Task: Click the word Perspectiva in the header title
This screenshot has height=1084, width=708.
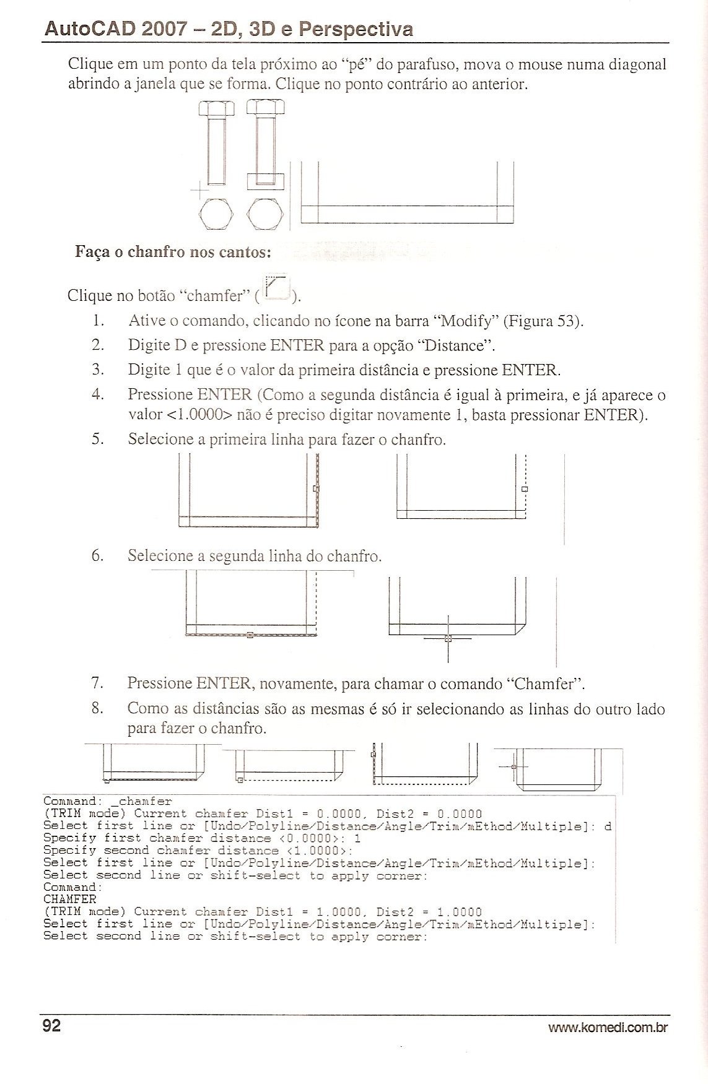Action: (356, 29)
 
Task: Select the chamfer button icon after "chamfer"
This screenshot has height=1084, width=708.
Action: (277, 288)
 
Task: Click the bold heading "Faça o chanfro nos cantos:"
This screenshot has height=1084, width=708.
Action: (173, 253)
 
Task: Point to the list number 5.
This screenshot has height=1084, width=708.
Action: (97, 440)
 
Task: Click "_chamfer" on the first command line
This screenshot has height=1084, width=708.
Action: (145, 801)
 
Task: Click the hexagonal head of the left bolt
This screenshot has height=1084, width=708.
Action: (216, 110)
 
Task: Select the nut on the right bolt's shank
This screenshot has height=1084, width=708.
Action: (265, 181)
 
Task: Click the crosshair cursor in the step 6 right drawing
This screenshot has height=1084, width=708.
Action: (448, 638)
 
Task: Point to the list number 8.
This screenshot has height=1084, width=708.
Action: (97, 708)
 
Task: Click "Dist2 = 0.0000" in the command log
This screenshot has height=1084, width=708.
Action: (429, 813)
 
